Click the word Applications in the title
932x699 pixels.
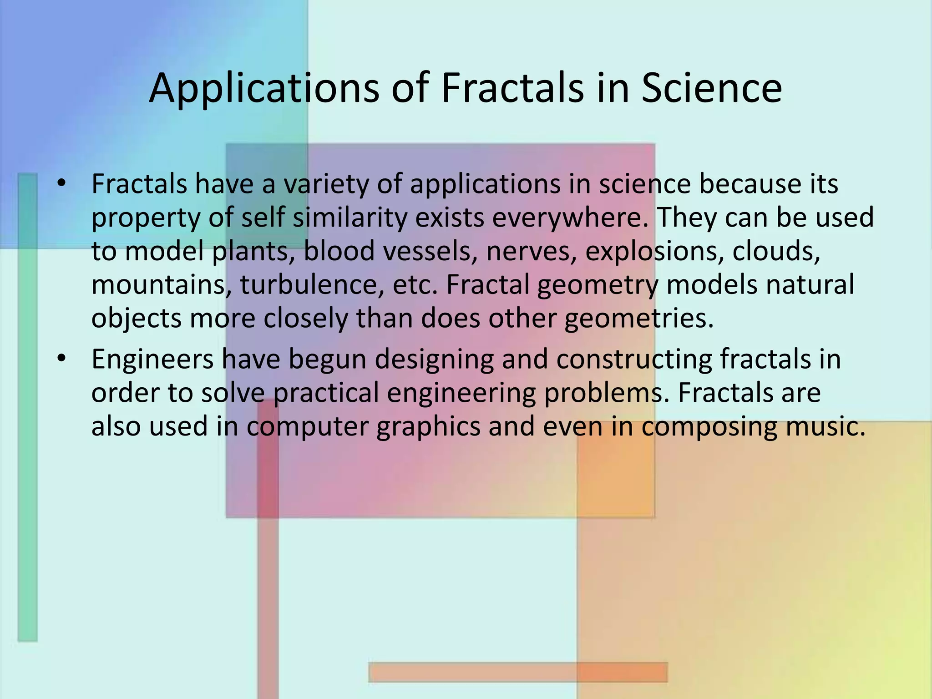(264, 89)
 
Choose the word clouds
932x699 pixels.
(776, 251)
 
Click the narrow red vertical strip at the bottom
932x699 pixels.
(268, 592)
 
